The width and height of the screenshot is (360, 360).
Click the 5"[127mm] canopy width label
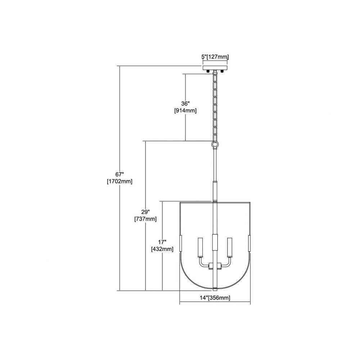pos(215,57)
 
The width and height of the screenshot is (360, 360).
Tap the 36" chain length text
pos(186,104)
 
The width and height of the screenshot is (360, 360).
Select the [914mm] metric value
pos(185,111)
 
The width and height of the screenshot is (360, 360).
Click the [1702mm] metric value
pos(120,181)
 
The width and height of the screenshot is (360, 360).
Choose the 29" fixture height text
pos(145,211)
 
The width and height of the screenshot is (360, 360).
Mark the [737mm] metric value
pos(145,219)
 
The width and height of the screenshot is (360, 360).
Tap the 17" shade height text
pos(162,242)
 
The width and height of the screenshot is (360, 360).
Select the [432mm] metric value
pos(162,249)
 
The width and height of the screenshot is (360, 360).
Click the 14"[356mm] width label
pos(215,298)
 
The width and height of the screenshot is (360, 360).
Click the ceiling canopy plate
pos(215,68)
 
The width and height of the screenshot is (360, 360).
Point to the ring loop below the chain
pos(215,145)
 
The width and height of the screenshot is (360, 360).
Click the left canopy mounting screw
pos(208,71)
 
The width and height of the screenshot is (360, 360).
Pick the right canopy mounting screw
pos(222,71)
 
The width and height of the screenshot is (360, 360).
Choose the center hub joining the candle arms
pos(215,266)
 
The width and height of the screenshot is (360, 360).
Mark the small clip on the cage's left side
pos(181,243)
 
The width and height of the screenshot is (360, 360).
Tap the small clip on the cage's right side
pos(249,243)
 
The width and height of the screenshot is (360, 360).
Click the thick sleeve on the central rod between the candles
pos(215,242)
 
